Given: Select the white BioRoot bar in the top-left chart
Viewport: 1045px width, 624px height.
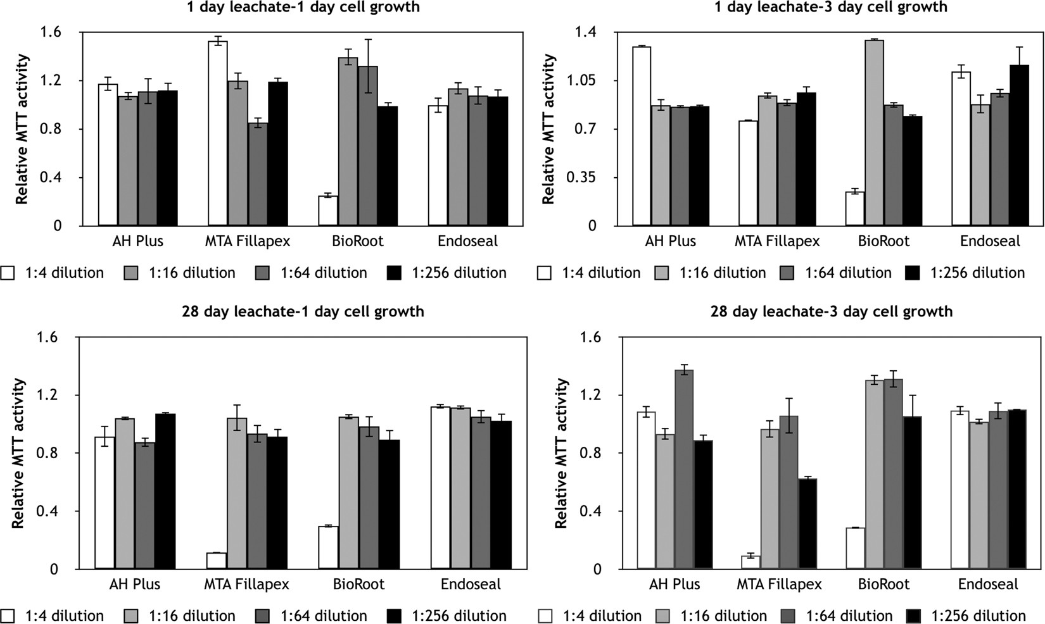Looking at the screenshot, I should (x=328, y=211).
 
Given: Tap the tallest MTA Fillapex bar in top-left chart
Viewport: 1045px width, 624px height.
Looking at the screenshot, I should (x=218, y=134).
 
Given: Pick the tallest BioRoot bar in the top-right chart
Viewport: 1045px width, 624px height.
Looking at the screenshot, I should (x=874, y=133).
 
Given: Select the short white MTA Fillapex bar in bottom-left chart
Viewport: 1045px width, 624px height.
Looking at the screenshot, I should (x=217, y=561).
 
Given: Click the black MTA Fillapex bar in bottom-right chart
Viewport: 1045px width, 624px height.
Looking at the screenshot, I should (x=807, y=524).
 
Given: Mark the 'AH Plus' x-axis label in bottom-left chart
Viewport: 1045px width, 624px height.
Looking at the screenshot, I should (x=135, y=584).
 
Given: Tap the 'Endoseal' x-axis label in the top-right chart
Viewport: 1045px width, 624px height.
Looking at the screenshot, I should (x=990, y=241).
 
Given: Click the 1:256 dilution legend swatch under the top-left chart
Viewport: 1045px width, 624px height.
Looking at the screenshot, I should (x=393, y=273).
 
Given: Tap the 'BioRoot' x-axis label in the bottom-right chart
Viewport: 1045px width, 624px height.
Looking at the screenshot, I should (x=883, y=584).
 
